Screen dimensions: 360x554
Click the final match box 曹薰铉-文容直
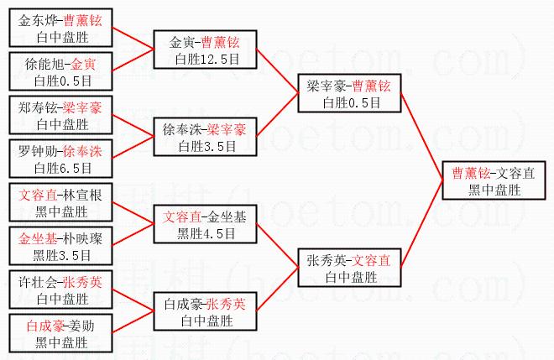click(x=494, y=181)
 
